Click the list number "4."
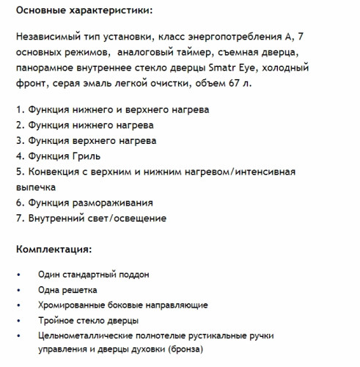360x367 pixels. click(x=20, y=156)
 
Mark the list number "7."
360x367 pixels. click(x=20, y=217)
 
